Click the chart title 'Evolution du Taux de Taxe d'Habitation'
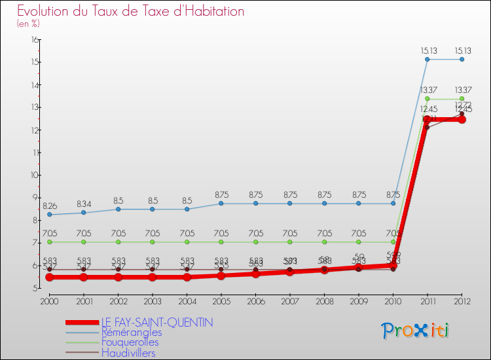(131, 11)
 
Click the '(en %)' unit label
(28, 24)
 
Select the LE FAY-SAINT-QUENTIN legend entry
(157, 322)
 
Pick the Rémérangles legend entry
(131, 333)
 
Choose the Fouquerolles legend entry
(130, 342)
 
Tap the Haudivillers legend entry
(128, 353)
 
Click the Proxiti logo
(416, 331)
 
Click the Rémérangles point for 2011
(427, 60)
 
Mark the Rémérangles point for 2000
(49, 215)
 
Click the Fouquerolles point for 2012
(462, 99)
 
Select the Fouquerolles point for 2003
(153, 242)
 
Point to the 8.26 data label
(50, 206)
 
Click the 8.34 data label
(84, 204)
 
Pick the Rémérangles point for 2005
(221, 204)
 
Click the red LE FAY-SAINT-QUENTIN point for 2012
(462, 120)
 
